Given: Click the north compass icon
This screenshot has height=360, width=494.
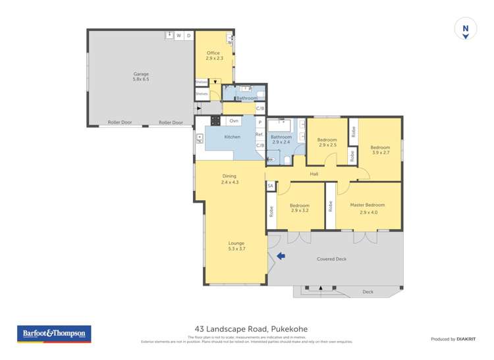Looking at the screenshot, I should tap(466, 30).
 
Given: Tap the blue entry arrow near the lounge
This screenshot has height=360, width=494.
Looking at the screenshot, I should tap(281, 255).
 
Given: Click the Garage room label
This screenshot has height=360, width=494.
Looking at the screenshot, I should tap(141, 74).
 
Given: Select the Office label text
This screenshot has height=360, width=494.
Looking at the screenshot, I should tap(213, 53).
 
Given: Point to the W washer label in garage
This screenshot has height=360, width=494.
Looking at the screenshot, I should tap(178, 36).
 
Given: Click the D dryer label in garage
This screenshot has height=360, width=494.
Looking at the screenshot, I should tap(188, 36).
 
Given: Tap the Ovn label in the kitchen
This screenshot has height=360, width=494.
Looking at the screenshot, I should tap(234, 121).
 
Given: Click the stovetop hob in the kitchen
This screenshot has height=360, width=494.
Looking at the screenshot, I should tap(215, 120).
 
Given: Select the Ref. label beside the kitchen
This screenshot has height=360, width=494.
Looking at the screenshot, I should tap(260, 134).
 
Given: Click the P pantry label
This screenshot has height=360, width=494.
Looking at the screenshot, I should tap(260, 122).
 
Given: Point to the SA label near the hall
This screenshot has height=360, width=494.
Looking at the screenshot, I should tap(270, 186).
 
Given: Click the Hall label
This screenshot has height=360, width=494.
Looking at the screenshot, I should tap(314, 174).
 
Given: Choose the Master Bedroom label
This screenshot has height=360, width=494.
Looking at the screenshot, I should tap(368, 205).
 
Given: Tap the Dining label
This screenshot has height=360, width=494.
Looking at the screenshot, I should tap(229, 176).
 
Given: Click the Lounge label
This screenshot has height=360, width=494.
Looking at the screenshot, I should tap(236, 243).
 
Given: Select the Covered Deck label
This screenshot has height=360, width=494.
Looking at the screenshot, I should tap(331, 259).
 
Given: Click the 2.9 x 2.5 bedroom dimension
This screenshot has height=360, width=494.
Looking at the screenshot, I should tap(327, 145).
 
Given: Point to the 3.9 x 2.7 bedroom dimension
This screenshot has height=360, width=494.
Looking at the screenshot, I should tap(380, 153).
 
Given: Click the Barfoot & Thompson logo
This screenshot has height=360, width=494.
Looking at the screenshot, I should tap(54, 334).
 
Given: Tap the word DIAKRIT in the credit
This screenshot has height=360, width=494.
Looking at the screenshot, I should tap(468, 339).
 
